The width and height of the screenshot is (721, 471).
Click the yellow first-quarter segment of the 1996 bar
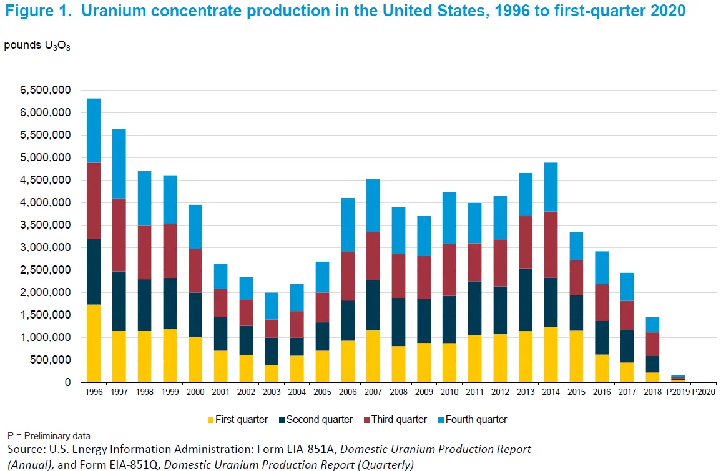[94, 343]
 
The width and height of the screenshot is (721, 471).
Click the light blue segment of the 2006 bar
[348, 225]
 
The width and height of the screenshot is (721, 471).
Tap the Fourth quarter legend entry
[476, 420]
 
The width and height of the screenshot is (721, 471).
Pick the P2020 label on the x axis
[704, 392]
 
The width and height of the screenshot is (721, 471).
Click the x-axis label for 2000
[195, 392]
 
